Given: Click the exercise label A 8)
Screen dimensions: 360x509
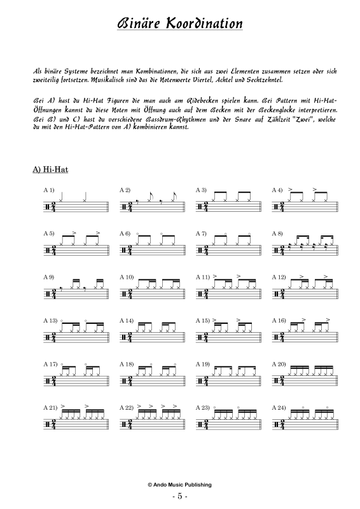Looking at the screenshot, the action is pyautogui.click(x=277, y=234).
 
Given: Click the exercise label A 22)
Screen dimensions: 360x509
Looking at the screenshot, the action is pyautogui.click(x=127, y=407).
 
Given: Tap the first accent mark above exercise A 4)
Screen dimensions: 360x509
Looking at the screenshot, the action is pyautogui.click(x=290, y=189).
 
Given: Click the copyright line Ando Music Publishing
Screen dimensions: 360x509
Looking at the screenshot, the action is pyautogui.click(x=179, y=485).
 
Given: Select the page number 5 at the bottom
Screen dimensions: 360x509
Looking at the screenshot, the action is pyautogui.click(x=180, y=496).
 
